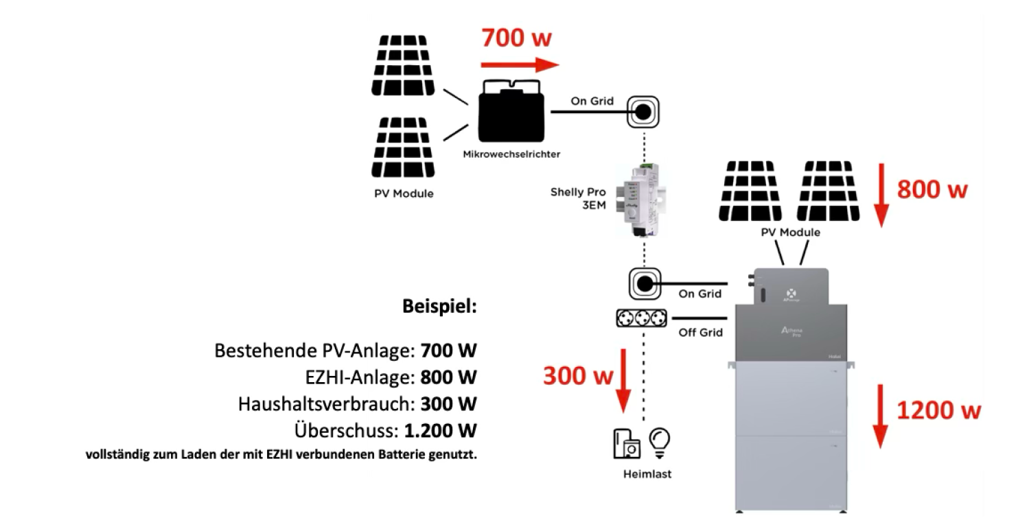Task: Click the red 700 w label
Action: click(516, 38)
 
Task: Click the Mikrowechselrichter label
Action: click(511, 154)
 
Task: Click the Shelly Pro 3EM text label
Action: click(578, 198)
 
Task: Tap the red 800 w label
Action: click(932, 189)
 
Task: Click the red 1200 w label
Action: click(938, 410)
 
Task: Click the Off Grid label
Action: click(700, 333)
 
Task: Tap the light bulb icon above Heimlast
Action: click(660, 442)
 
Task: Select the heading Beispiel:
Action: click(439, 306)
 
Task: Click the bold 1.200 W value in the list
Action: click(440, 432)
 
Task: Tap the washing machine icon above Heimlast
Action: click(626, 444)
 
